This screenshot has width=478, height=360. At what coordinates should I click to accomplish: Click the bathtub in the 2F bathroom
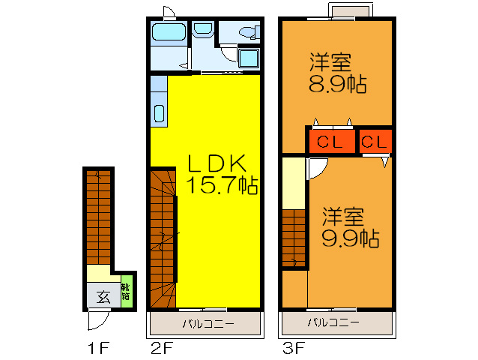[x=168, y=32]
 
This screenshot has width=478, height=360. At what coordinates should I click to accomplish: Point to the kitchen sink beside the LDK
[x=159, y=113]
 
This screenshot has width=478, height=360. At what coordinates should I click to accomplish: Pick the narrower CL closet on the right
[x=375, y=141]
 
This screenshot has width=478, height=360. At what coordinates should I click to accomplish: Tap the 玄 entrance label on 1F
[x=102, y=295]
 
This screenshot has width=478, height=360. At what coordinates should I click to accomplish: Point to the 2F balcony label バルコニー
[x=208, y=324]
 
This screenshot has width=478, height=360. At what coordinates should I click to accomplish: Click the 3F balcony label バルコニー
[x=333, y=323]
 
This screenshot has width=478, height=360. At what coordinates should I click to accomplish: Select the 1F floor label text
[x=99, y=348]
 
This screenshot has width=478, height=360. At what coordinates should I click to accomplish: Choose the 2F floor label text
[x=161, y=348]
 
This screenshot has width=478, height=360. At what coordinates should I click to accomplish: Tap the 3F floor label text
[x=293, y=348]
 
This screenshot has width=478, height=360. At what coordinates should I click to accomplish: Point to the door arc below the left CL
[x=315, y=168]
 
